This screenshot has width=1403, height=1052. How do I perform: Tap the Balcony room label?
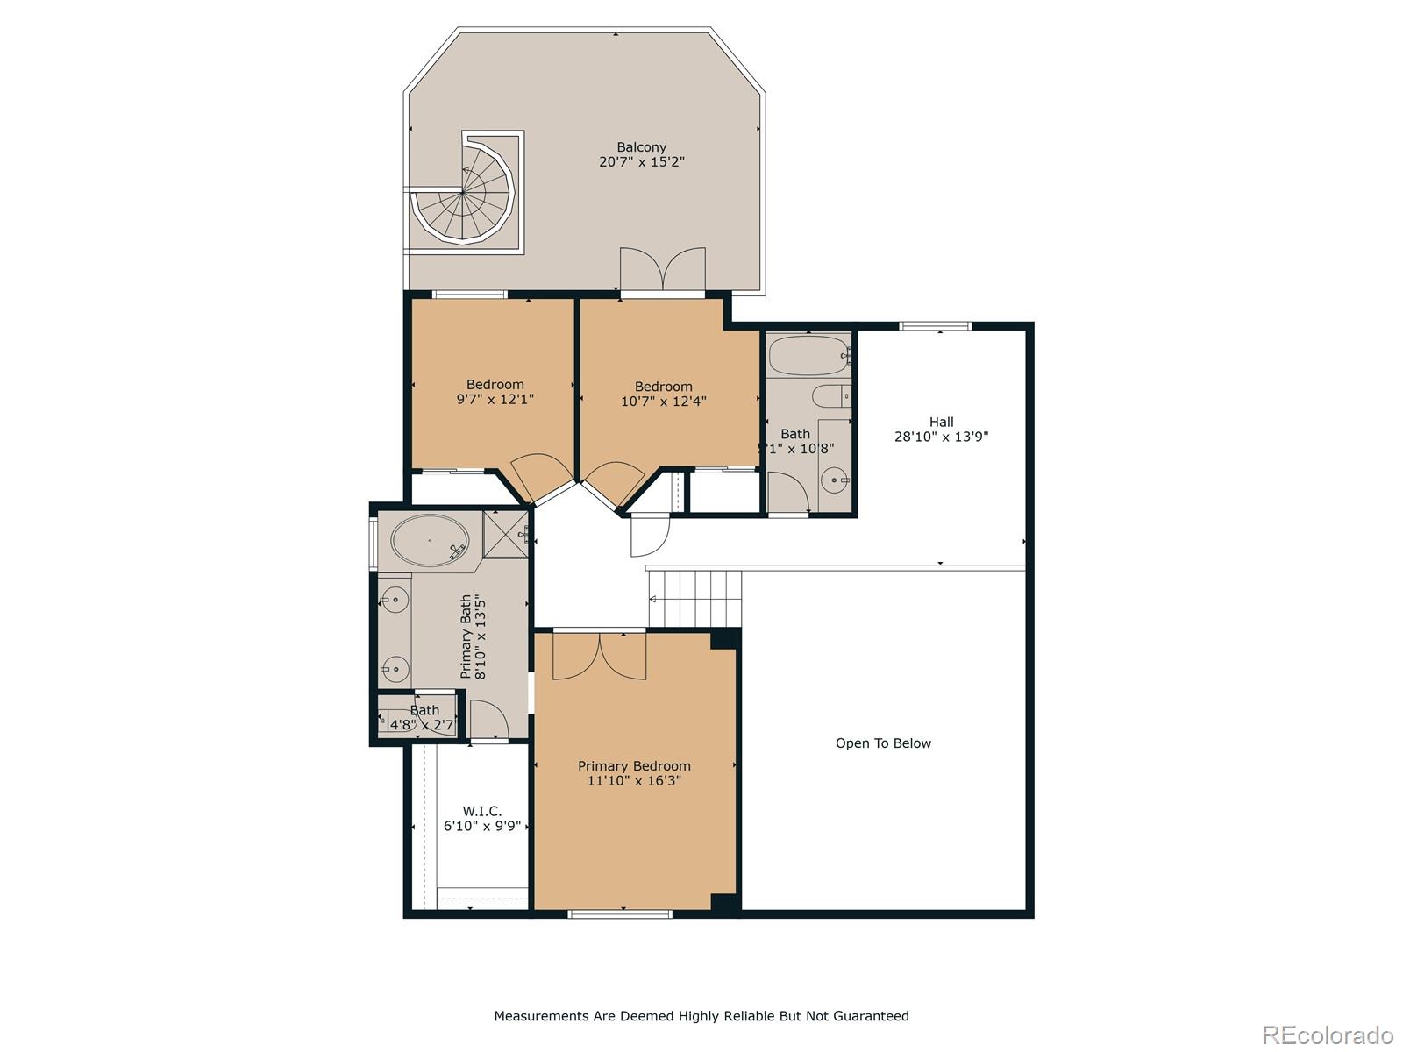click(641, 147)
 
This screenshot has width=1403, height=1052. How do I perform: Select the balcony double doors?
click(663, 269)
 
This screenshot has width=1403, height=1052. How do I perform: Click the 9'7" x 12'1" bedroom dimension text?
click(495, 399)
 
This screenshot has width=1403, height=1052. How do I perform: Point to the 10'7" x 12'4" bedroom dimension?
click(663, 402)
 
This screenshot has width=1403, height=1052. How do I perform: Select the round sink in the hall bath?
click(835, 480)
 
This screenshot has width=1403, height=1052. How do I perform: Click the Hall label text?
click(941, 422)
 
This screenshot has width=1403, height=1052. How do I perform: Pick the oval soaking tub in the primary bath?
click(429, 541)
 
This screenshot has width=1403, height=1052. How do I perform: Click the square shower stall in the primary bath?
click(507, 533)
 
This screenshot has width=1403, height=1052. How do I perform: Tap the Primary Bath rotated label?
click(472, 636)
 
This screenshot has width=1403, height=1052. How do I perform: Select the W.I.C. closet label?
click(482, 812)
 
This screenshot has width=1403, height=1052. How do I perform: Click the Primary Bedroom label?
click(634, 766)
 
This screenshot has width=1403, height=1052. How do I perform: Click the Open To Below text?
click(883, 743)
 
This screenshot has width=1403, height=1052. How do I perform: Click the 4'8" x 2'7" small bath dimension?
click(422, 725)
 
